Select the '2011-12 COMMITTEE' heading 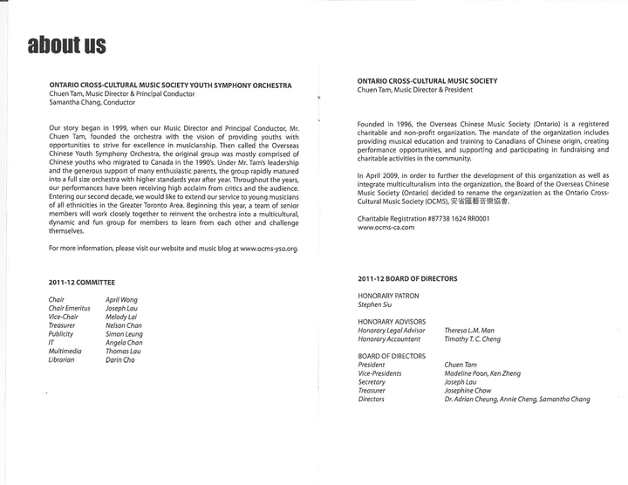click(83, 283)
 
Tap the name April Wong click(123, 299)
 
